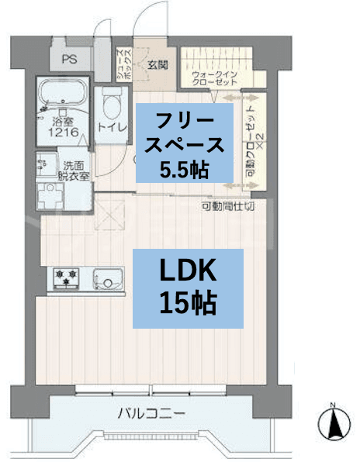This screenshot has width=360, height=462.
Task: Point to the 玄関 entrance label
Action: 158,65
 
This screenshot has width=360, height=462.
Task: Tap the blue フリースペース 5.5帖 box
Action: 184,144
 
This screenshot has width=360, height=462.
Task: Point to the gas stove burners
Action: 65,277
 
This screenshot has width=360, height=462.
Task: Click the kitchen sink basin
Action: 108,277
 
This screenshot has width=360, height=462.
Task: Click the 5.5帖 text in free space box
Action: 184,168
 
